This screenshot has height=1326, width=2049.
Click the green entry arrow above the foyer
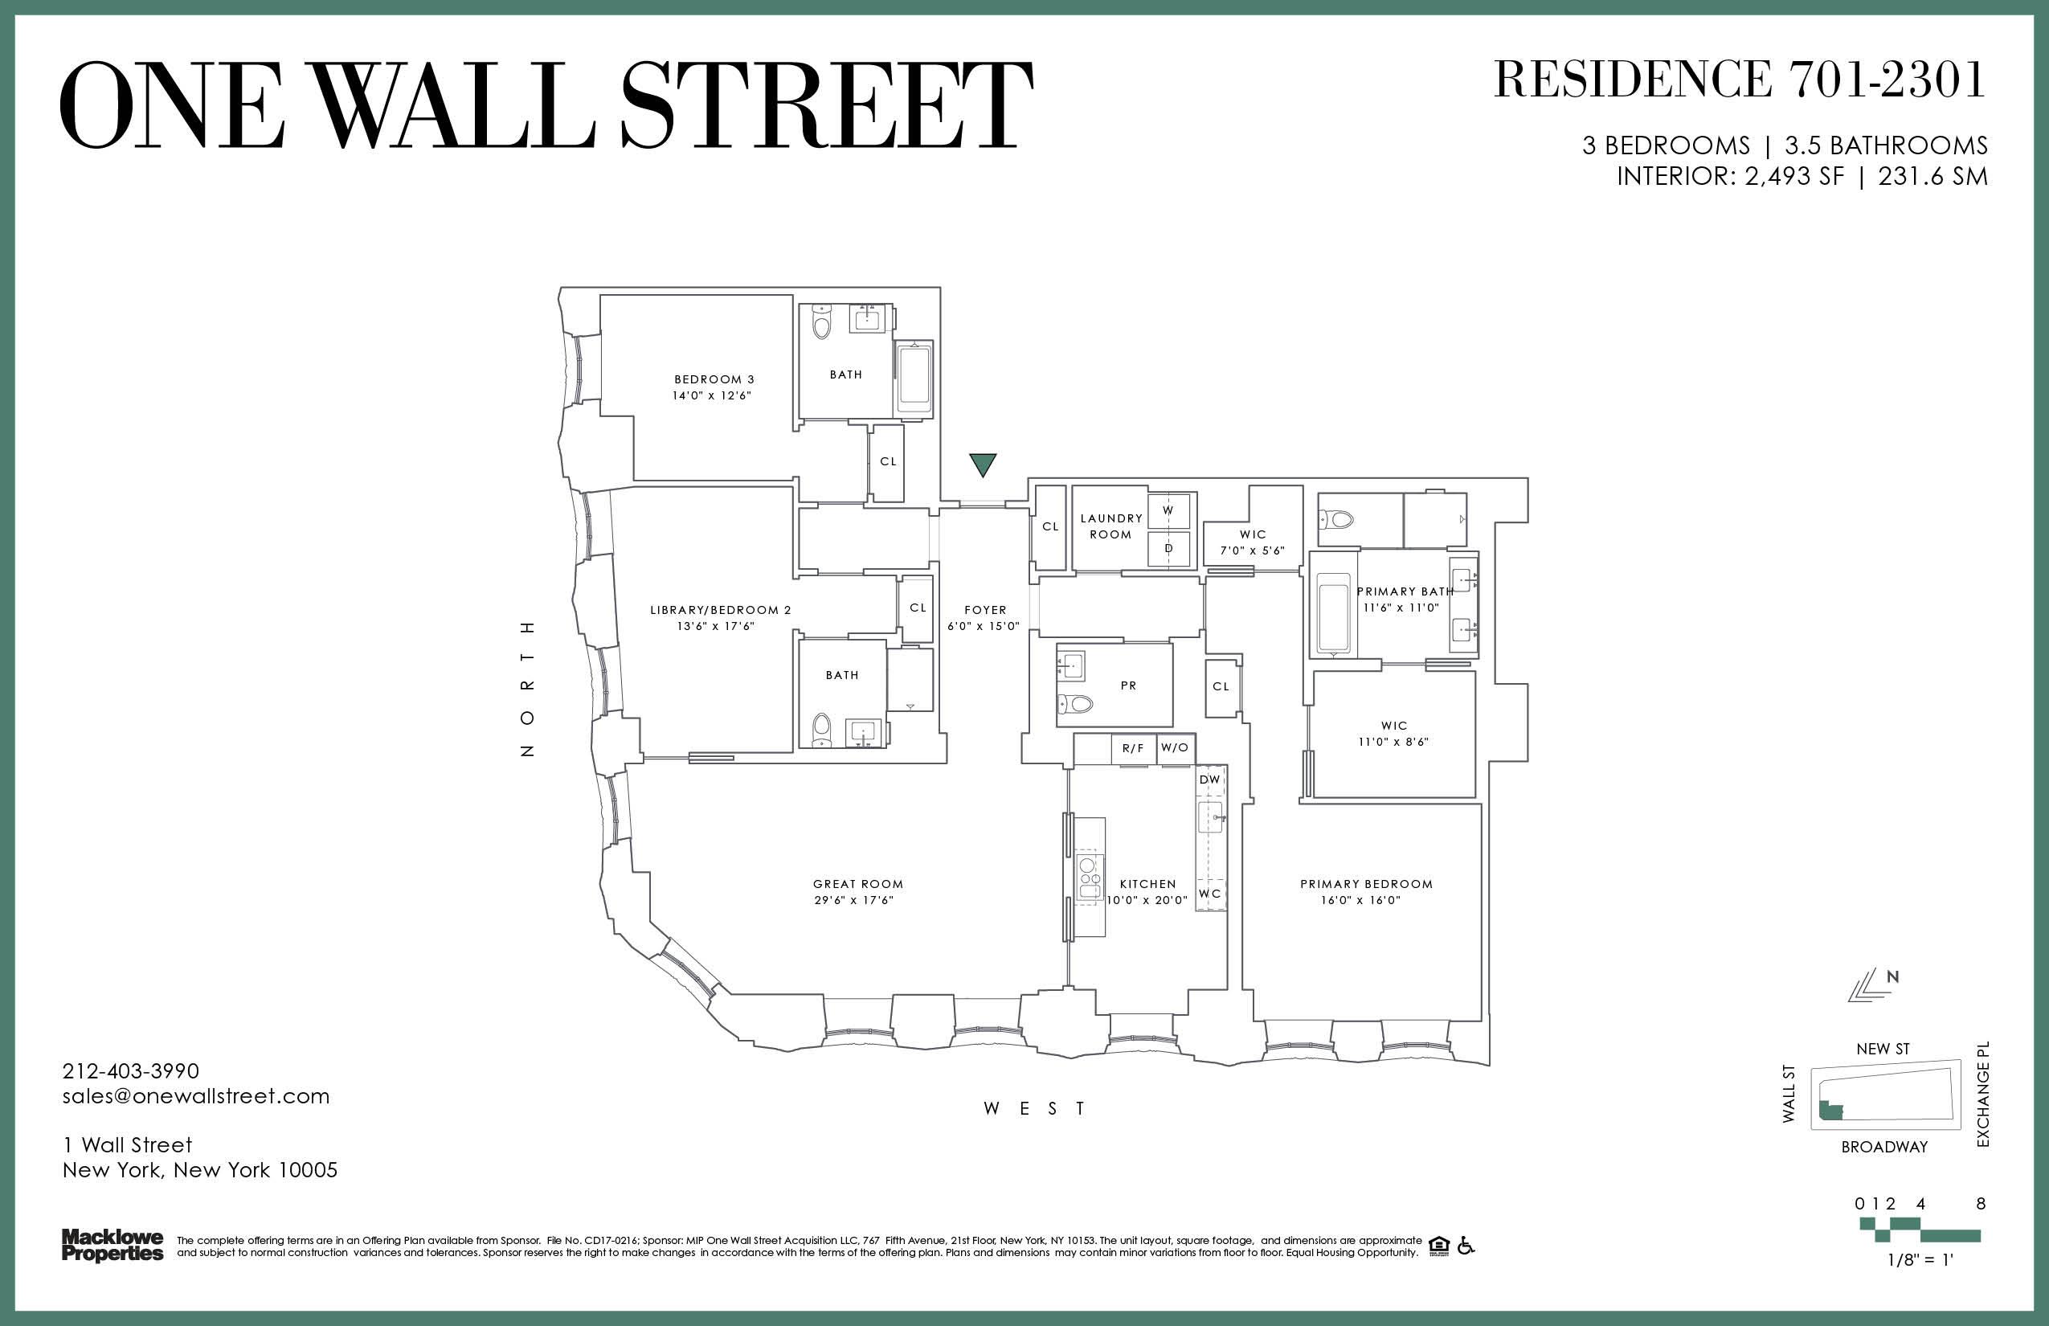[982, 465]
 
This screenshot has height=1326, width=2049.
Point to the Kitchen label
[1147, 884]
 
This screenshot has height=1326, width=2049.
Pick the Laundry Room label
[1110, 526]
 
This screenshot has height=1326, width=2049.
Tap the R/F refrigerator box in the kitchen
[1133, 748]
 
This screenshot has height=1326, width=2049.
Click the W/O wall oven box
[1174, 748]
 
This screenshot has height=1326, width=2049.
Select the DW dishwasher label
[1209, 780]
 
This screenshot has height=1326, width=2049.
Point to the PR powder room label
[1129, 686]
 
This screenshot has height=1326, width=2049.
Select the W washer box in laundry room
[1168, 510]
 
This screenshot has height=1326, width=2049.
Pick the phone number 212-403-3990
[131, 1071]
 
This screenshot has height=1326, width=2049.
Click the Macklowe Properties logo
[112, 1246]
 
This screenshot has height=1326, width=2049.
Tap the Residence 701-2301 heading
[1739, 80]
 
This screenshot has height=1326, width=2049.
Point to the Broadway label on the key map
[1883, 1147]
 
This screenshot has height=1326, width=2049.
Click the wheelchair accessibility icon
[1466, 1246]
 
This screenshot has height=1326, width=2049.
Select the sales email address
[195, 1096]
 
